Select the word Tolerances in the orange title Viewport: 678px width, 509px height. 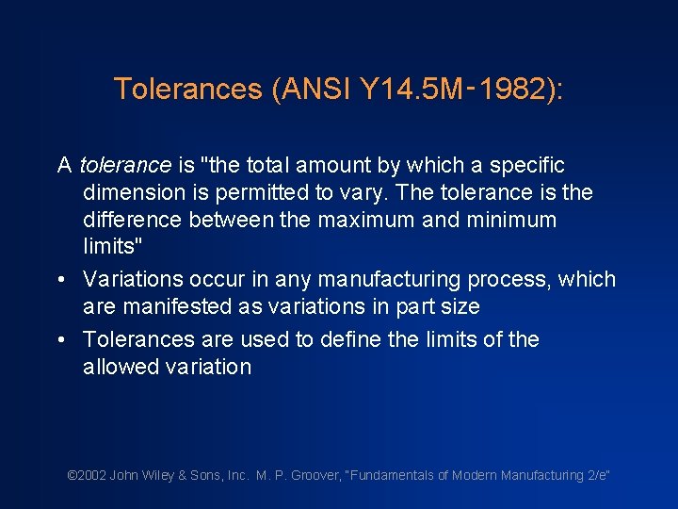pyautogui.click(x=188, y=90)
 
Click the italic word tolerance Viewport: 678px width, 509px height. pyautogui.click(x=125, y=166)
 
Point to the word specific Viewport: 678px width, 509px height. pyautogui.click(x=526, y=166)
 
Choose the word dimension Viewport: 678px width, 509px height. pyautogui.click(x=133, y=193)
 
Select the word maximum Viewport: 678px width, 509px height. pyautogui.click(x=352, y=221)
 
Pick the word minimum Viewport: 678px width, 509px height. pyautogui.click(x=508, y=221)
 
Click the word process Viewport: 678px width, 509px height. pyautogui.click(x=516, y=280)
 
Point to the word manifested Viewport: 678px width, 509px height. pyautogui.click(x=171, y=307)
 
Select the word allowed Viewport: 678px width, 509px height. pyautogui.click(x=118, y=367)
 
